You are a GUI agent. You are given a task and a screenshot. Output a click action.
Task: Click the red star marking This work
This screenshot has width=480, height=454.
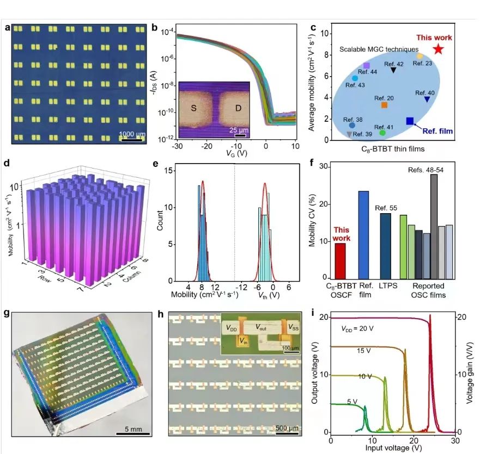coord(439,49)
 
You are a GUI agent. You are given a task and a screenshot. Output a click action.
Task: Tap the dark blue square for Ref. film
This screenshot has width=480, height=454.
coord(410,121)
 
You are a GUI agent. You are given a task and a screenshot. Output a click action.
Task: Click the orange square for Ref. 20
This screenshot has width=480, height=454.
coord(384,105)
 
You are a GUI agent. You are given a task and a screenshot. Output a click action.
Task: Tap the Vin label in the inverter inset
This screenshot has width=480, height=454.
coord(242,341)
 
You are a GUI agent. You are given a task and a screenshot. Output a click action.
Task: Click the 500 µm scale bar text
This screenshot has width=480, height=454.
coord(284,427)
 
